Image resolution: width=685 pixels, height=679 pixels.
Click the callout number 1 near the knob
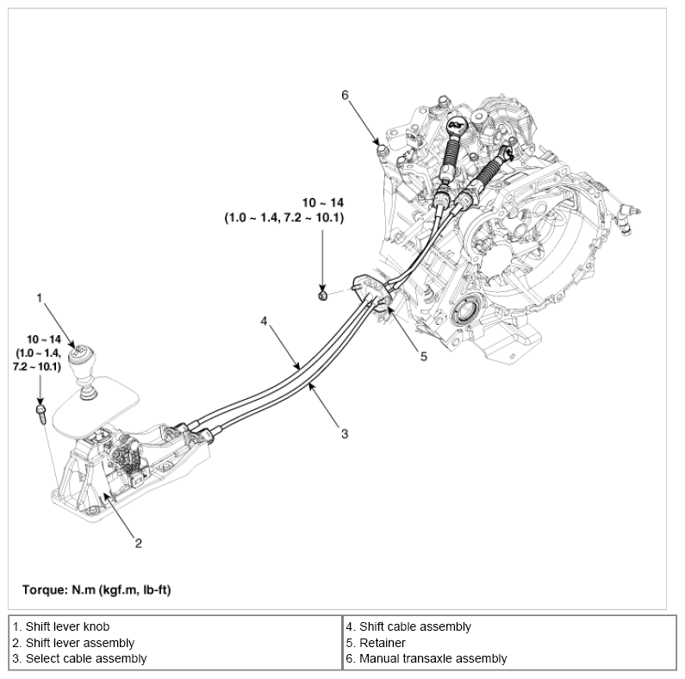click(x=39, y=297)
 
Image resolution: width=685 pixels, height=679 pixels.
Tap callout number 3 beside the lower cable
click(x=344, y=433)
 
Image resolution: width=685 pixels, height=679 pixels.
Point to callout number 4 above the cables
click(x=265, y=321)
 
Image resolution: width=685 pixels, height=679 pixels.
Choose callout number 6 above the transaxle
click(x=345, y=95)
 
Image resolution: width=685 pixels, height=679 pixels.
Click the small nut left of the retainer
click(x=321, y=296)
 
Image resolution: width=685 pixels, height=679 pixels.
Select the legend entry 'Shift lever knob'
click(x=61, y=627)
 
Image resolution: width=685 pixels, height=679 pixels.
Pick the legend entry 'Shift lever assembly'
click(x=73, y=643)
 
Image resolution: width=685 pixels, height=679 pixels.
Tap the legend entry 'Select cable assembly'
click(x=79, y=658)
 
